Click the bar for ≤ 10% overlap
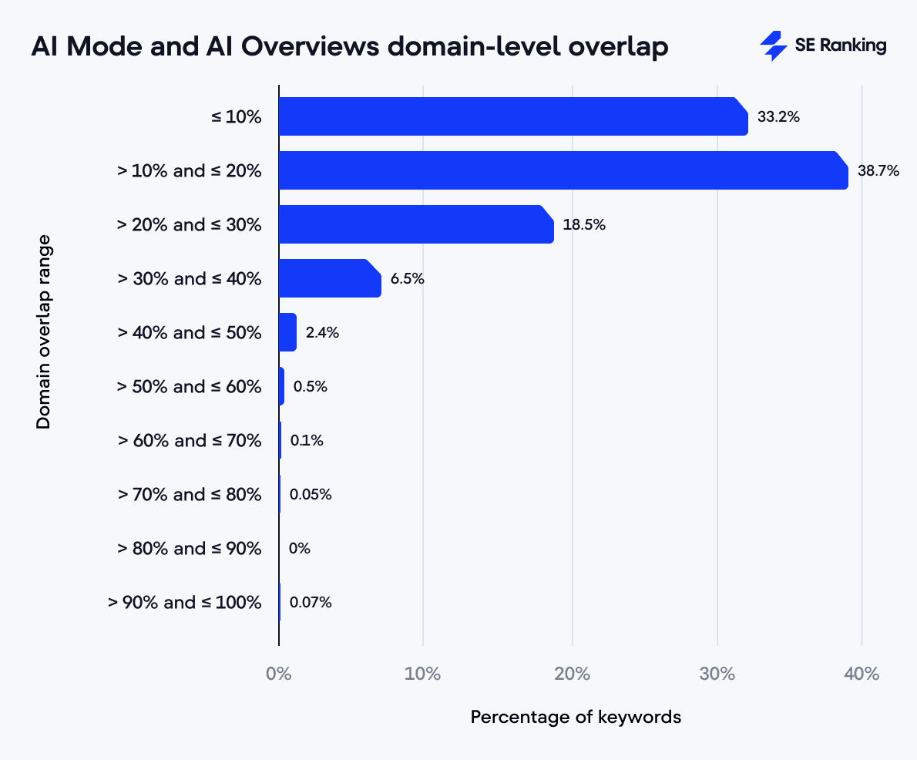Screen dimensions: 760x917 click(x=512, y=116)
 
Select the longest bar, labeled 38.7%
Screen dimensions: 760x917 click(x=563, y=170)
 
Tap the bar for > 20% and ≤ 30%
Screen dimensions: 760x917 click(x=415, y=224)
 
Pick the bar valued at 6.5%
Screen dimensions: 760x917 click(x=329, y=278)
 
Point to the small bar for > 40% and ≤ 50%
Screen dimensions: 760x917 click(x=287, y=332)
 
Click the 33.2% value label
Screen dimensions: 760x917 click(x=778, y=117)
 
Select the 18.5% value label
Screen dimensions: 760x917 click(x=584, y=225)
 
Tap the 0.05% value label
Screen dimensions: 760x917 click(x=311, y=495)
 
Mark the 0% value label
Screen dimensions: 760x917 click(x=299, y=549)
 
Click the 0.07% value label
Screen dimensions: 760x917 click(x=311, y=603)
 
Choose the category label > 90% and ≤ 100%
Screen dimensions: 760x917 click(x=185, y=602)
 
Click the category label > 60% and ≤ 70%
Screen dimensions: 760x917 click(x=190, y=440)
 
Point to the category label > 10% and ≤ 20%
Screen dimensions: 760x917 click(x=190, y=170)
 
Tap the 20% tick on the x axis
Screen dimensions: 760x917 click(x=572, y=674)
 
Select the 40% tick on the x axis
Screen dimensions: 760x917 click(x=861, y=674)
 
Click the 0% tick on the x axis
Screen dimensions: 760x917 click(x=278, y=674)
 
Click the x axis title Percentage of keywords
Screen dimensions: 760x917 click(x=576, y=717)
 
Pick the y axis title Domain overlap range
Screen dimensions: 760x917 click(x=44, y=331)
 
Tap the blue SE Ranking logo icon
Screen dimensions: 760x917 click(x=773, y=46)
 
